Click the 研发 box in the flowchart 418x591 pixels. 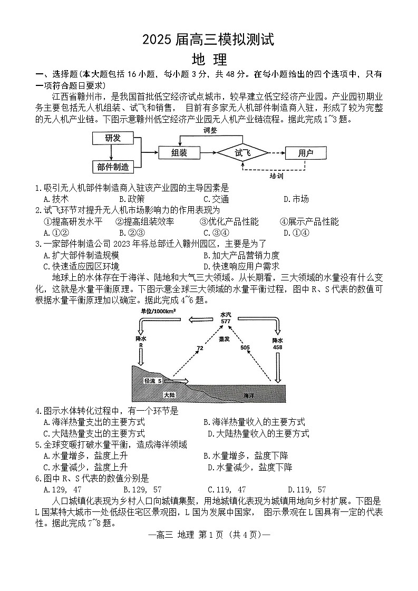(112, 138)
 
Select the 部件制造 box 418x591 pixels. (113, 167)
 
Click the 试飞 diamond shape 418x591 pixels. (243, 153)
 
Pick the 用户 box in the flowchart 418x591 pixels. (305, 153)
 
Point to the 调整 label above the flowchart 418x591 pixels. (210, 130)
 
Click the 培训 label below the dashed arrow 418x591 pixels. (276, 176)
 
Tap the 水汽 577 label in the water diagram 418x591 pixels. (226, 318)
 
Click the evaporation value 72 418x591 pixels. (200, 348)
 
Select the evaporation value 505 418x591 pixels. (245, 347)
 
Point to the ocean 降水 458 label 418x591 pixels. (278, 344)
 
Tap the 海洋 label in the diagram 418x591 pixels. (249, 395)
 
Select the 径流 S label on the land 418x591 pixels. (152, 381)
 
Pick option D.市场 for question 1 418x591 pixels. (296, 199)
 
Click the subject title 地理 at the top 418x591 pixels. (209, 59)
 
